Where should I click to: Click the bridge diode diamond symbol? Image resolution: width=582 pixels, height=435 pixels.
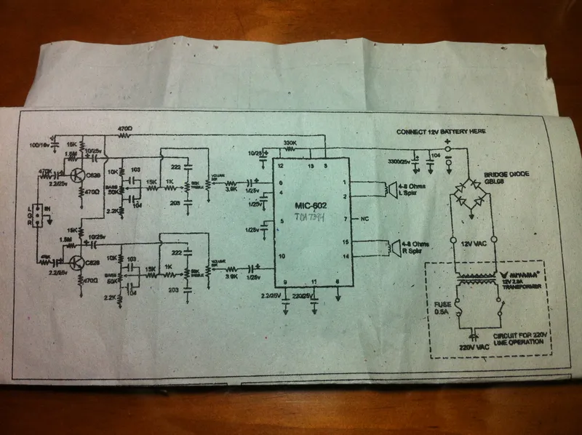point(470,196)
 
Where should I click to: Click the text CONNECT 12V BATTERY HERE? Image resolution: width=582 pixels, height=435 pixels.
point(441,132)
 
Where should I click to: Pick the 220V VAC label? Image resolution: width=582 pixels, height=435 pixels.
point(473,348)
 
